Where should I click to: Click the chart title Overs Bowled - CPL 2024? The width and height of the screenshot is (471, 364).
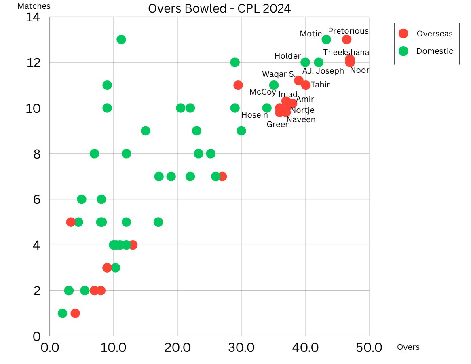click(219, 8)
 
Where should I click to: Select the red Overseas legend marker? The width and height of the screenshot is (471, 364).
click(403, 34)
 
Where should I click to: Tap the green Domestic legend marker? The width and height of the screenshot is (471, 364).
click(403, 51)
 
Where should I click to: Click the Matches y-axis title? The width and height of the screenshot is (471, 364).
click(34, 6)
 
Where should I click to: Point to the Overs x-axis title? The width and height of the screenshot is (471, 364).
click(408, 347)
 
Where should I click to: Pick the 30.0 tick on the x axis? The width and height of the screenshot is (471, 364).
click(241, 348)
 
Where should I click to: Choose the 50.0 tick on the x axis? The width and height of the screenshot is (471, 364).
click(368, 348)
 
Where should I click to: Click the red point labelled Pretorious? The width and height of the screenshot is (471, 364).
click(346, 40)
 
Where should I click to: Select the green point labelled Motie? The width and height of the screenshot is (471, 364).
click(326, 40)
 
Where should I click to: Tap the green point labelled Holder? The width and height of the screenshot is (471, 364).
click(305, 62)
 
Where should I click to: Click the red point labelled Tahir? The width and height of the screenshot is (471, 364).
click(306, 85)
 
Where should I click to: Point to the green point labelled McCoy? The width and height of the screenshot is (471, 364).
click(274, 85)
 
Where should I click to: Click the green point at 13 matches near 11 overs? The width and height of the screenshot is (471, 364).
click(121, 40)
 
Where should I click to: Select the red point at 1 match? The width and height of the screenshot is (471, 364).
click(75, 313)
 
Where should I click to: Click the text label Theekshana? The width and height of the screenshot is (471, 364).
click(346, 52)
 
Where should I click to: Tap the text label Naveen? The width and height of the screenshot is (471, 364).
click(301, 119)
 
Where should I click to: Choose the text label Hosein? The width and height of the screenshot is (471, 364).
click(254, 115)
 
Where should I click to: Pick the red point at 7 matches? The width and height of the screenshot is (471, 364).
click(222, 176)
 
